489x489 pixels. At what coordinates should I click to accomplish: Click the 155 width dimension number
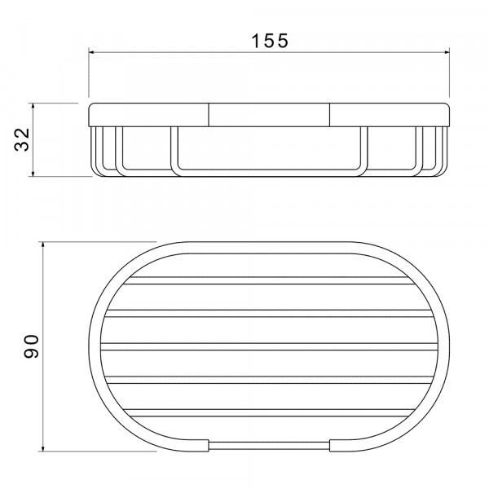point(270,41)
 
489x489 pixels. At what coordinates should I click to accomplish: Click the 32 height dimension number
point(22,139)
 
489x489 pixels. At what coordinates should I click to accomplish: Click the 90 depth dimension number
point(31,346)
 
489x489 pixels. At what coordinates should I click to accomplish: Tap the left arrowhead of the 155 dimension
point(91,52)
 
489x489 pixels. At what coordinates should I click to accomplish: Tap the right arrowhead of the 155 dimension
point(447,52)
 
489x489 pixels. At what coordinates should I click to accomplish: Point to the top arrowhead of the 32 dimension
point(33,106)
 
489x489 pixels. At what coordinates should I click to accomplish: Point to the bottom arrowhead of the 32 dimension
point(33,174)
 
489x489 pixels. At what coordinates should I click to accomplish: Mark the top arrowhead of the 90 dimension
point(43,244)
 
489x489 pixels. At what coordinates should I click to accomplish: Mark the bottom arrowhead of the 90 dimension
point(43,448)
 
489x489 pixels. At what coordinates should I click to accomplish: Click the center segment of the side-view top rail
point(269,115)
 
